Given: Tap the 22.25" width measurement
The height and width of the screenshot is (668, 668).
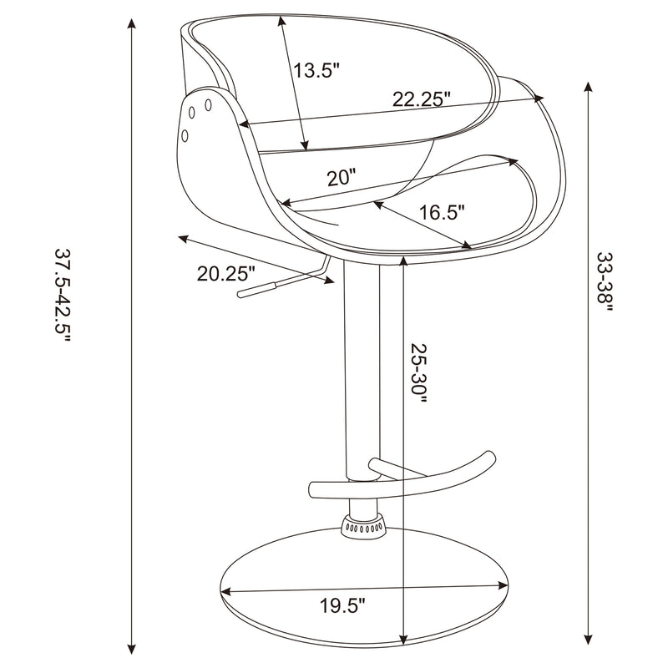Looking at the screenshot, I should coord(422,99).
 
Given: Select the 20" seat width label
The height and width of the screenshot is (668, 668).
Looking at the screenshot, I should coord(342,176).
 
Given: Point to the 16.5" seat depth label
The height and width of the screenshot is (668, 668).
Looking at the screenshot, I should coord(442,212).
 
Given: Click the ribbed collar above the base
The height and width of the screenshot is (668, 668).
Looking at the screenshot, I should coord(363,527).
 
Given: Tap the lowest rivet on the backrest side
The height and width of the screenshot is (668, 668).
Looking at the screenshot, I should coord(185,134).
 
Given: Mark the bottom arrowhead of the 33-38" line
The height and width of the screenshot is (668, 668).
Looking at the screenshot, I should coord(590,639).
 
